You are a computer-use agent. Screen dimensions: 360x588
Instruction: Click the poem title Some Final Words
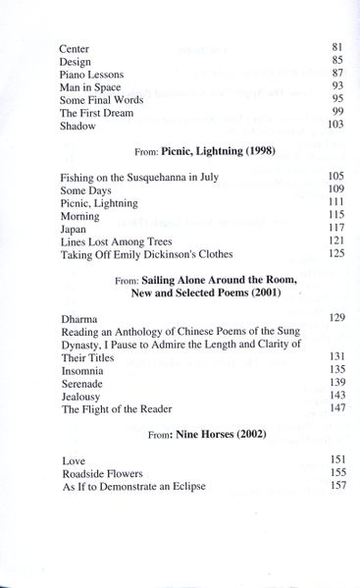102,99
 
